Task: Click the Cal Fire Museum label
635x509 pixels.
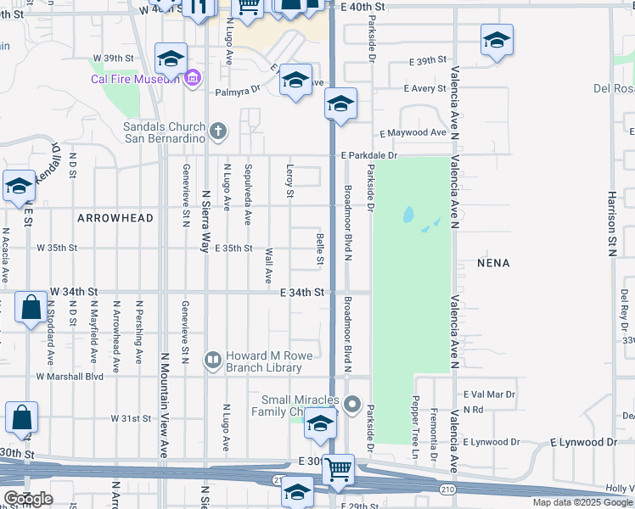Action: point(135,80)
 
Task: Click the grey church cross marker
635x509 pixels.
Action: point(219,131)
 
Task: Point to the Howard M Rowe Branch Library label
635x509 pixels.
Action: point(263,361)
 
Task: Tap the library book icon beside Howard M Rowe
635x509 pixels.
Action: point(212,361)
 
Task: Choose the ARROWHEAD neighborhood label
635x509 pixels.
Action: point(115,218)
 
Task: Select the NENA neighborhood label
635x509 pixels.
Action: point(493,263)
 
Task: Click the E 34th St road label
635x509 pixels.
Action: point(302,292)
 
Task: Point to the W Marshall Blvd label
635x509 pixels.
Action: point(70,376)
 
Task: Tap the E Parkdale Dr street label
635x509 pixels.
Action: point(369,156)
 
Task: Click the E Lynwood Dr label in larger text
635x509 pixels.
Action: point(583,442)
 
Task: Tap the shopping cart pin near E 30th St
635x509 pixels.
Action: point(339,467)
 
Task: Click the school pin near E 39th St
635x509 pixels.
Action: point(497,39)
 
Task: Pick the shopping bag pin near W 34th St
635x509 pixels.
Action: point(31,307)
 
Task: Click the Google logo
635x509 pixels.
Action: point(29,499)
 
